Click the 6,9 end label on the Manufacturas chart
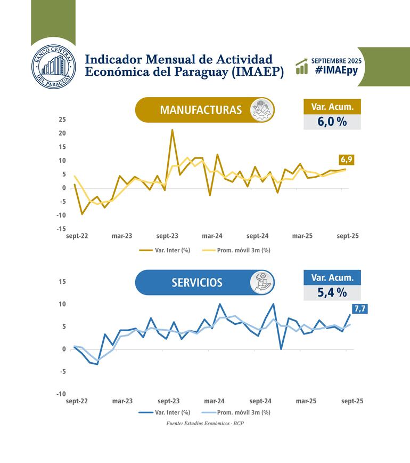click(x=347, y=159)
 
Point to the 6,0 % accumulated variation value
click(x=332, y=122)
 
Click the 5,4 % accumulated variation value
click(x=332, y=292)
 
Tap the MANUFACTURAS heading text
click(x=201, y=110)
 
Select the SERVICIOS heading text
click(x=196, y=283)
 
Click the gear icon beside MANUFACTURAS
click(x=262, y=110)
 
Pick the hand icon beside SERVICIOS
click(x=262, y=282)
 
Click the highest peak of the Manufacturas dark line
click(x=172, y=130)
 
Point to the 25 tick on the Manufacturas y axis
click(x=62, y=119)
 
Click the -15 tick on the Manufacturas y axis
click(x=61, y=229)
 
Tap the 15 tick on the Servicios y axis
click(x=62, y=282)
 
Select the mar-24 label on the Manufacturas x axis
click(x=212, y=236)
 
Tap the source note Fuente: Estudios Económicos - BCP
click(x=205, y=424)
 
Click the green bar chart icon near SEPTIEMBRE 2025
click(x=302, y=66)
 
